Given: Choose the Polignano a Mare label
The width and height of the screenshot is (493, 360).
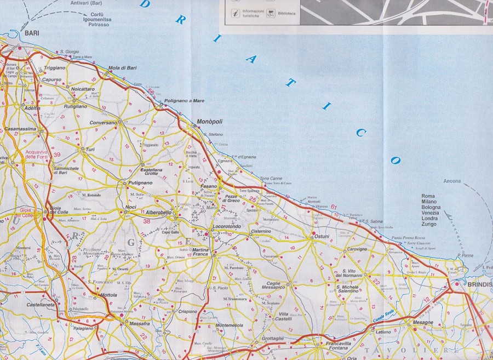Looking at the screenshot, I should (185, 101).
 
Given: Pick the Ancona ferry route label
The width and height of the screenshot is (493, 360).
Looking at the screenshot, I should (452, 181).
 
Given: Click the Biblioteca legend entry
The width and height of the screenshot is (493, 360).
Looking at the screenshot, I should (287, 13).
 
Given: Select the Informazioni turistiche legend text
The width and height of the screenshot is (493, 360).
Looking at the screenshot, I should (253, 14).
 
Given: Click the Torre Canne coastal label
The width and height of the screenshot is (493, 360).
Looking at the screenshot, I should (271, 179).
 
